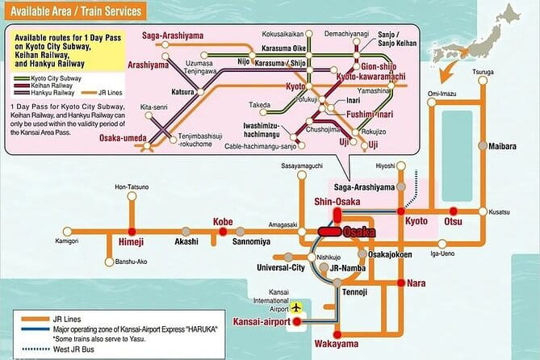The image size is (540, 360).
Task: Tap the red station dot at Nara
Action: (x=400, y=283)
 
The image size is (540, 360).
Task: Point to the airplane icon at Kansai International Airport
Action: (x=296, y=308)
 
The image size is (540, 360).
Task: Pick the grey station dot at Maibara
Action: (x=483, y=147)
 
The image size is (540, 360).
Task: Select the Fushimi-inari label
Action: (x=357, y=114)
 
